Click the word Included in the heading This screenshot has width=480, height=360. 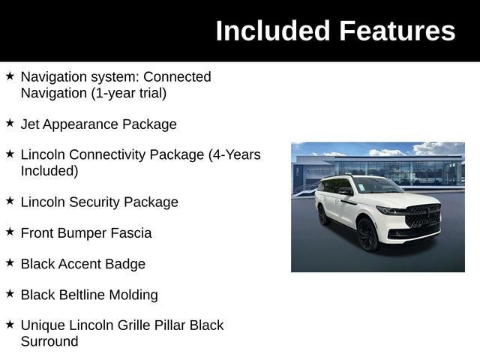(273, 31)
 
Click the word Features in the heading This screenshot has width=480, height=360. (397, 31)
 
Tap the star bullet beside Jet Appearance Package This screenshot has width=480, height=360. (10, 122)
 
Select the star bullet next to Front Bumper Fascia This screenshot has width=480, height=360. (10, 231)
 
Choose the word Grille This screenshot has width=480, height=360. (132, 325)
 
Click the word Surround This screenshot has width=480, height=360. (49, 341)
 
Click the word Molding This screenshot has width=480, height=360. (136, 295)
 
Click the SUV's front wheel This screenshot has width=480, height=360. (367, 235)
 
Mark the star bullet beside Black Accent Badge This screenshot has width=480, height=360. (10, 262)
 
